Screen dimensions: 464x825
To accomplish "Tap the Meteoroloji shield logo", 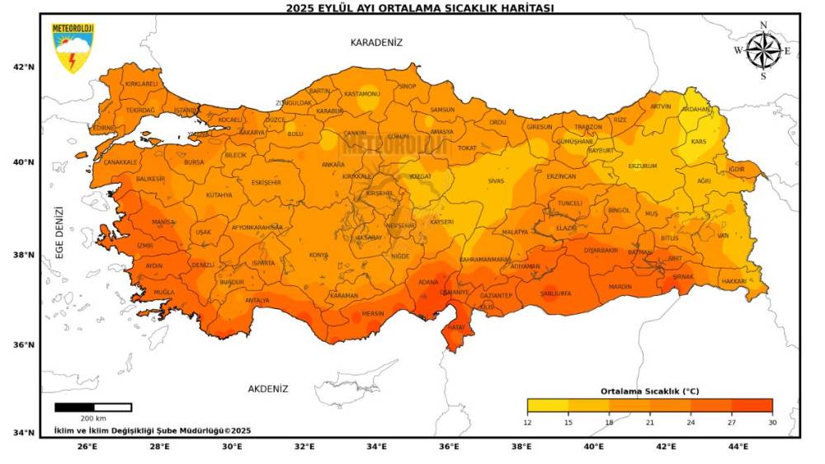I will pyautogui.click(x=73, y=49).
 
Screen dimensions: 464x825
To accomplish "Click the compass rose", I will pyautogui.click(x=763, y=51).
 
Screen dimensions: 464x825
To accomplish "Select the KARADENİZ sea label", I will pyautogui.click(x=376, y=42).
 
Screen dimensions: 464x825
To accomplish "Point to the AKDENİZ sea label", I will pyautogui.click(x=268, y=387).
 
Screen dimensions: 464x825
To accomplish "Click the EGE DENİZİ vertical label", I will pyautogui.click(x=60, y=233).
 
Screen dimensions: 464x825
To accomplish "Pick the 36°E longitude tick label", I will pyautogui.click(x=450, y=447).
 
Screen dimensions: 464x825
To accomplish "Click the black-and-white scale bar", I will pyautogui.click(x=93, y=407).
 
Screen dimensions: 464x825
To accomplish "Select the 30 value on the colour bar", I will pyautogui.click(x=772, y=423).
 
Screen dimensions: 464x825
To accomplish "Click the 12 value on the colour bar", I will pyautogui.click(x=528, y=423).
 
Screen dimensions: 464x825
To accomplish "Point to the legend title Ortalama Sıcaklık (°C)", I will pyautogui.click(x=649, y=391).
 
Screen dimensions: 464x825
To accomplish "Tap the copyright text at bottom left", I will pyautogui.click(x=153, y=430).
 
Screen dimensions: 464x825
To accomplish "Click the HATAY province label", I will pyautogui.click(x=455, y=327).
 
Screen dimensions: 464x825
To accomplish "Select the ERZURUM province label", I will pyautogui.click(x=643, y=166).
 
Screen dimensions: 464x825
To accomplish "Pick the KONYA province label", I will pyautogui.click(x=318, y=255).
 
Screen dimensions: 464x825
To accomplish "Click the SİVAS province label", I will pyautogui.click(x=495, y=180).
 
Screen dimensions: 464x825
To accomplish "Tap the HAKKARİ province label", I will pyautogui.click(x=733, y=281).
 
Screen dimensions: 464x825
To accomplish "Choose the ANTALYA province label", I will pyautogui.click(x=257, y=300).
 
